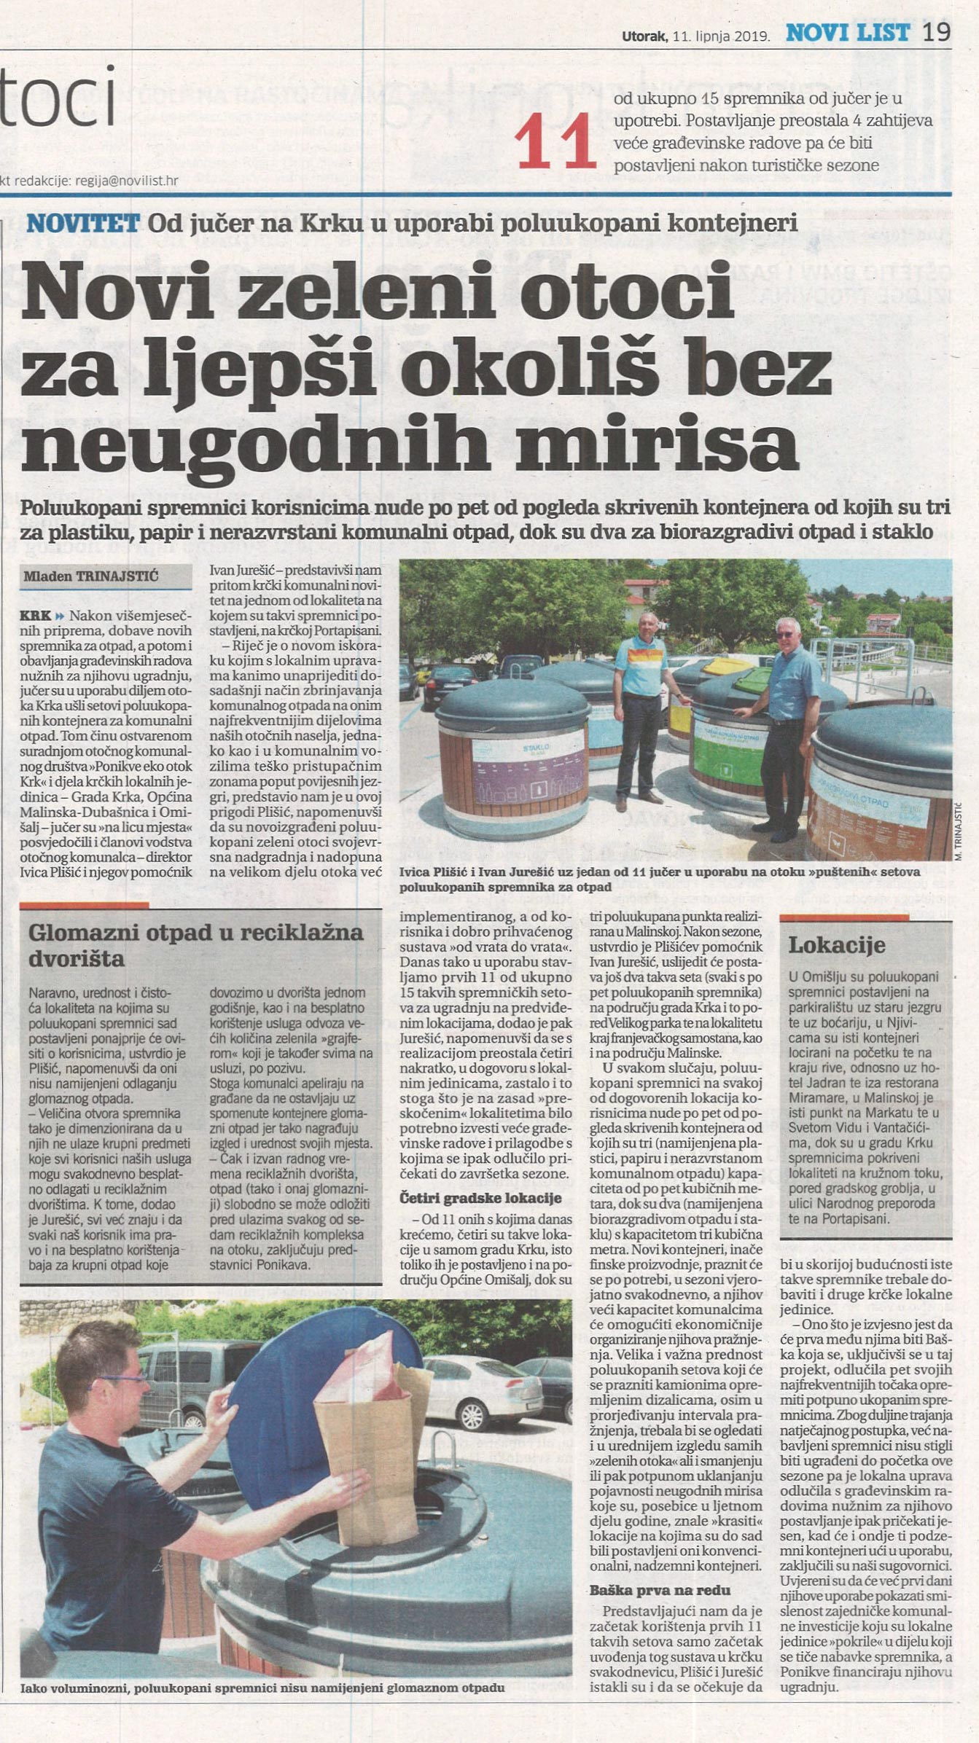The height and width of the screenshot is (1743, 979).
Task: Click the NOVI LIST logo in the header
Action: tap(847, 33)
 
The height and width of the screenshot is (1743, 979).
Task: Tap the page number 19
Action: tap(937, 33)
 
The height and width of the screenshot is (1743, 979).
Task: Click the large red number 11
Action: tap(555, 141)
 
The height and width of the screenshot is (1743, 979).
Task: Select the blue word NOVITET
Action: tap(82, 223)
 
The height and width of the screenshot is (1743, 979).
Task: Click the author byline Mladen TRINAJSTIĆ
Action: tap(90, 576)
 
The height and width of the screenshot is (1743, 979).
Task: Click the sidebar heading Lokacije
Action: tap(836, 945)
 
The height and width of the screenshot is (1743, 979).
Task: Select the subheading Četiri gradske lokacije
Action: tap(480, 1198)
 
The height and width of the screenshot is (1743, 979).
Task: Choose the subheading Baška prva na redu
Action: tap(660, 1590)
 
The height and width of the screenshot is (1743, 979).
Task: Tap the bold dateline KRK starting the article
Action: tap(35, 616)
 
